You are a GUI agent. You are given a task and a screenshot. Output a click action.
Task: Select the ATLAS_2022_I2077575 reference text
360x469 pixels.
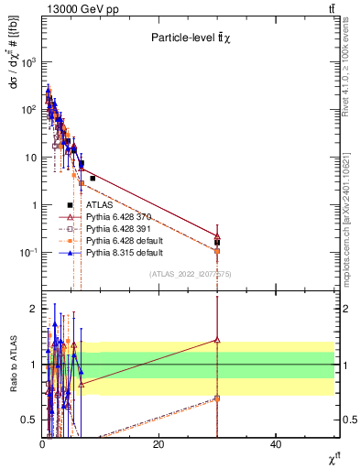click(x=190, y=274)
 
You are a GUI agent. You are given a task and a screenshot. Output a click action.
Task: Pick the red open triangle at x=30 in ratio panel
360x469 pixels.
click(x=217, y=340)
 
